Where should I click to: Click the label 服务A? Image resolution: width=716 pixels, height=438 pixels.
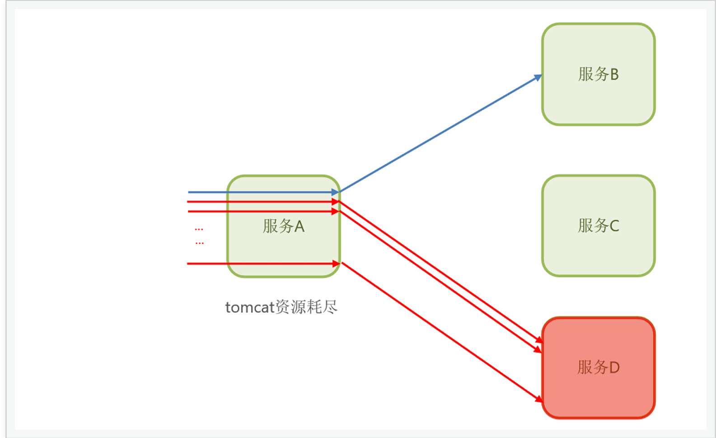284,226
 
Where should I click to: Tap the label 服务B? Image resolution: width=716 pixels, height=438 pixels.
599,74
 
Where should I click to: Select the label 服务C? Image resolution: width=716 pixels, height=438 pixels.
599,225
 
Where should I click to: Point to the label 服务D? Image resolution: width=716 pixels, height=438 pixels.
599,367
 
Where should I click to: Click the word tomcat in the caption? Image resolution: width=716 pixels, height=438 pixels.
250,307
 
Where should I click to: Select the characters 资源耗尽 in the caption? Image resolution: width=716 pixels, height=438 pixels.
306,307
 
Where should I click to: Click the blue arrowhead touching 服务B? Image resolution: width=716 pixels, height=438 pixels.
538,78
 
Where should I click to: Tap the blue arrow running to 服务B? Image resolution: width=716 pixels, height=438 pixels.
440,134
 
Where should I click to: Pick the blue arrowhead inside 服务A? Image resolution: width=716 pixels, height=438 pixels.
335,192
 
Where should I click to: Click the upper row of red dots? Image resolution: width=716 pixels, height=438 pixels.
199,229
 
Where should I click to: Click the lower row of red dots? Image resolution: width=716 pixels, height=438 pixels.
200,243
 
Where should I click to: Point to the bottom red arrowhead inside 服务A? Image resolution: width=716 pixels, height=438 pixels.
336,263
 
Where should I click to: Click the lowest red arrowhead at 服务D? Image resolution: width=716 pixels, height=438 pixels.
539,399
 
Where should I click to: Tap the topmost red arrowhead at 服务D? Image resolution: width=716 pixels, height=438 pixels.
539,340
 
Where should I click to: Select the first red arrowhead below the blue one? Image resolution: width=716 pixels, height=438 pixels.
335,202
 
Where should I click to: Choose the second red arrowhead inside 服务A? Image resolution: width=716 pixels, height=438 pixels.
335,211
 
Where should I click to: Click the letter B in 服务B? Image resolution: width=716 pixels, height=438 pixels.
615,74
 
